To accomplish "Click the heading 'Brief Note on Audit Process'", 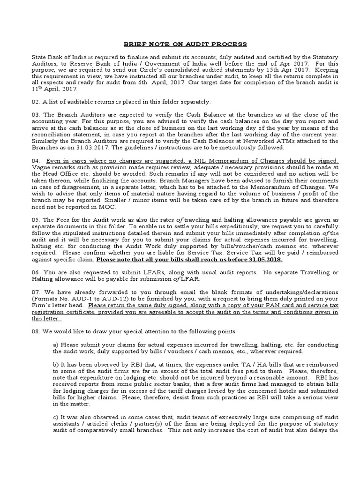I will coord(184,44).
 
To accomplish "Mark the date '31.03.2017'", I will coord(81,147).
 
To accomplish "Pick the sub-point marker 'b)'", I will coord(56,364).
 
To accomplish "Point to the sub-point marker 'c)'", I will coord(56,417).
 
